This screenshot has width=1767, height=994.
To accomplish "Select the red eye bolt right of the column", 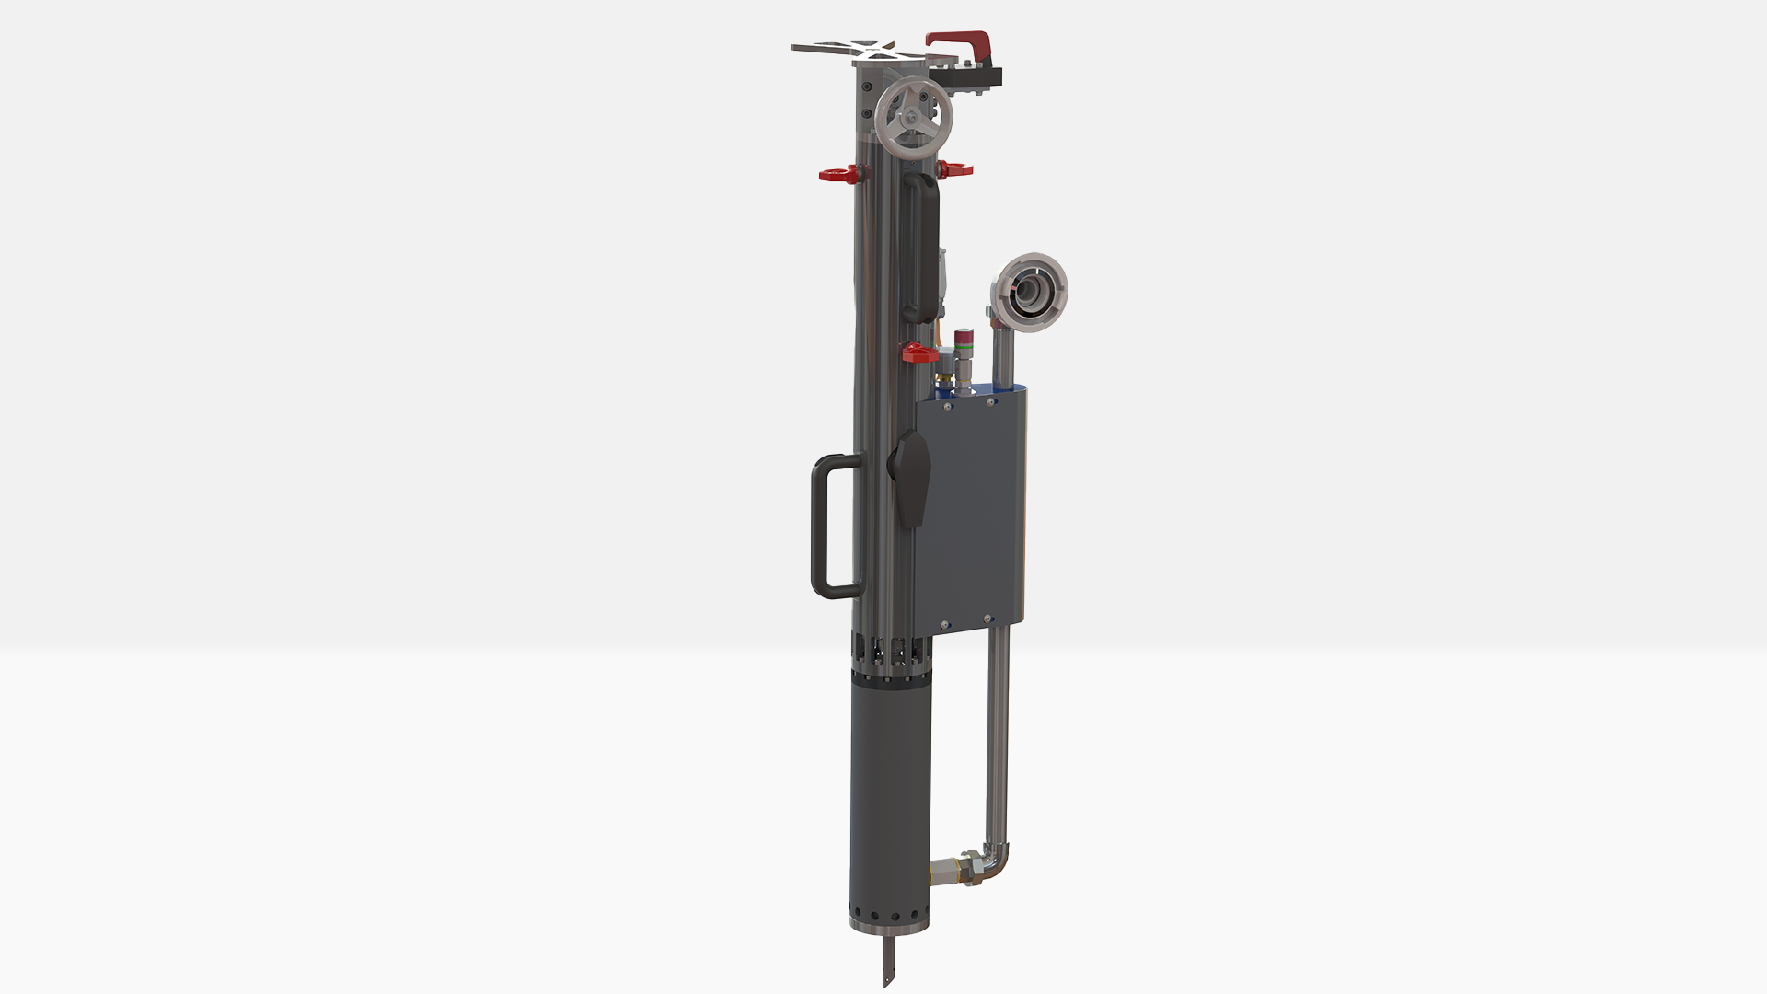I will point(955,169).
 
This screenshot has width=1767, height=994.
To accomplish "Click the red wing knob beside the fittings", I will point(918,353).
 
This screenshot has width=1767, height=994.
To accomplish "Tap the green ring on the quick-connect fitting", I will point(964,349).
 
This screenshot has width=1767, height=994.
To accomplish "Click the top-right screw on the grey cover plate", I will point(991,401).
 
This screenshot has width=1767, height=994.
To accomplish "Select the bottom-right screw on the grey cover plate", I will point(987,618).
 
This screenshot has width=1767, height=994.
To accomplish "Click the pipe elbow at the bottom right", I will point(996,865).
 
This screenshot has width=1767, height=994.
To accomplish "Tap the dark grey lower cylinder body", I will point(889,801).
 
